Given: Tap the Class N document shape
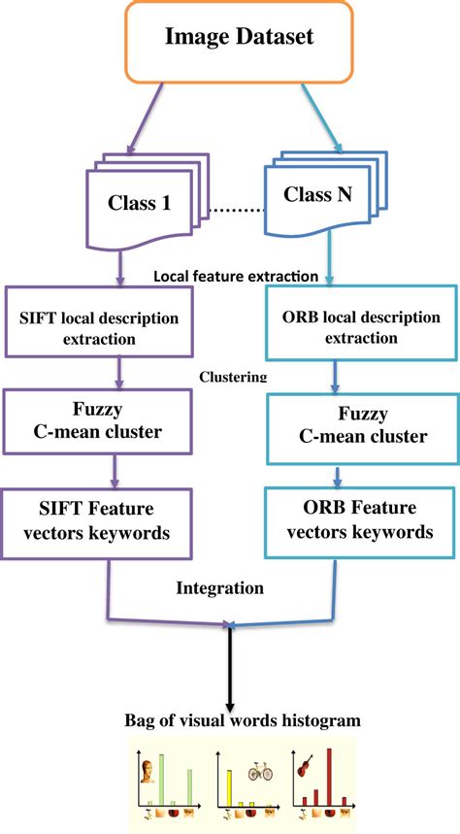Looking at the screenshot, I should click(318, 197).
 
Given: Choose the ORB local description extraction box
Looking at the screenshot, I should click(359, 327).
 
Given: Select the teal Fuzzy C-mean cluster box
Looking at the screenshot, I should click(359, 426).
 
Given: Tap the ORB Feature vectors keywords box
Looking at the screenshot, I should click(359, 522).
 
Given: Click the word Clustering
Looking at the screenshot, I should click(233, 377).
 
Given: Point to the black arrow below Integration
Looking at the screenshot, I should click(231, 670).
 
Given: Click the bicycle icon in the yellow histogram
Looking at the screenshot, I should click(260, 773).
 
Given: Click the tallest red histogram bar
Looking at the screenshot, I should click(330, 777).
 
